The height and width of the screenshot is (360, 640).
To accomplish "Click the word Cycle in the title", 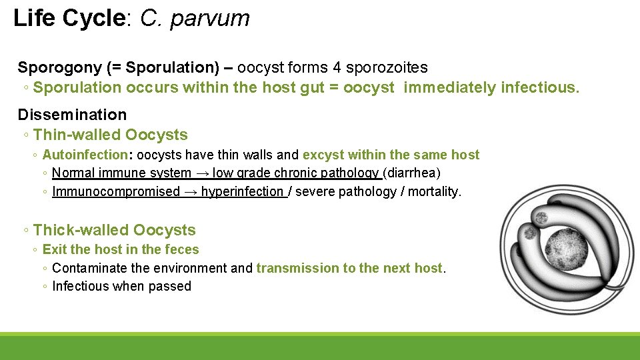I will click(94, 18).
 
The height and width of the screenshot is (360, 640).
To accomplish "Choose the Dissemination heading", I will click(72, 115).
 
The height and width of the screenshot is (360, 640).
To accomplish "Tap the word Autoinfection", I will click(84, 155).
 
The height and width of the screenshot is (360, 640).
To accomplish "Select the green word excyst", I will click(322, 155).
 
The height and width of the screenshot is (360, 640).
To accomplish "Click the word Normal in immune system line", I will click(73, 173).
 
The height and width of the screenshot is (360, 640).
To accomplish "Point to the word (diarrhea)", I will click(411, 173).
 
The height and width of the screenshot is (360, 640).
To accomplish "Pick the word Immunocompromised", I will click(116, 192).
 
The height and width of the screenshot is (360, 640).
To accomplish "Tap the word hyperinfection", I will click(242, 192).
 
